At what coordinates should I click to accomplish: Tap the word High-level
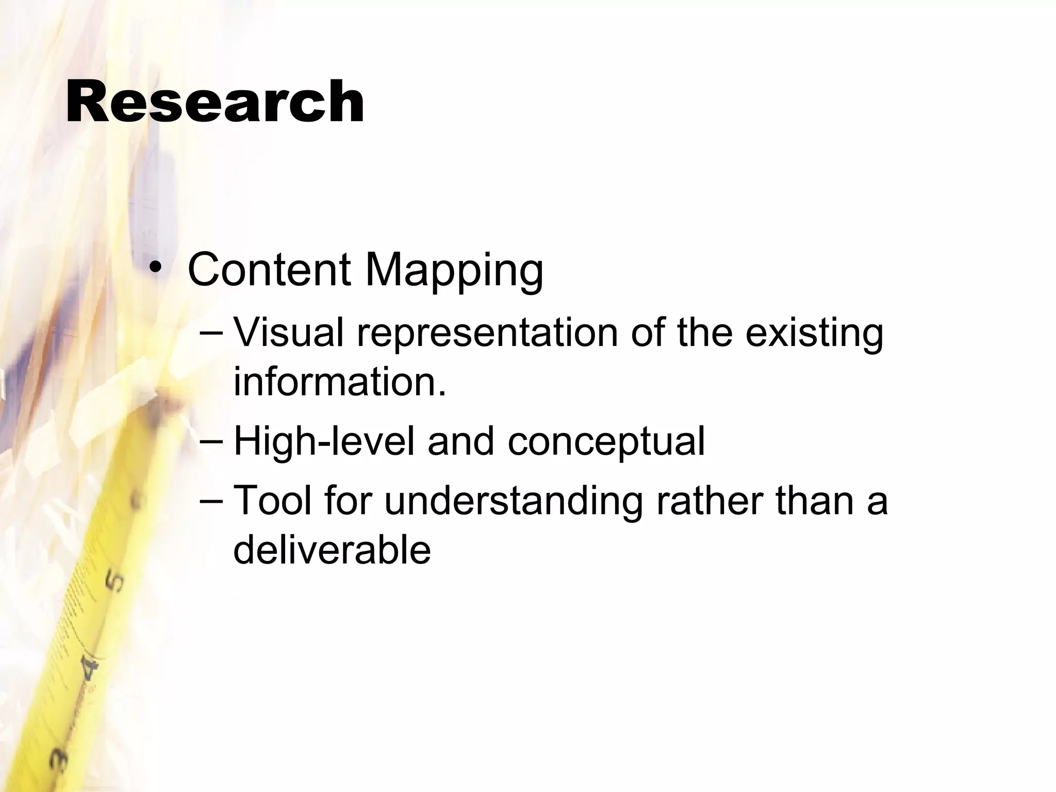324,442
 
